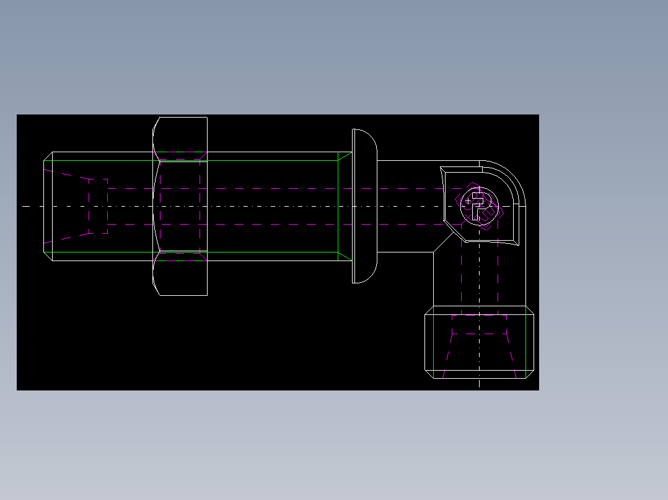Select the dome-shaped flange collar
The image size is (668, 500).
[364, 206]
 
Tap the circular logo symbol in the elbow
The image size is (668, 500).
[478, 207]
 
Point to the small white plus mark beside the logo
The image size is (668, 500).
[467, 201]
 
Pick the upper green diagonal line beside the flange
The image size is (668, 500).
[345, 155]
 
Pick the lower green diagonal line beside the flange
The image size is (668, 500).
[345, 256]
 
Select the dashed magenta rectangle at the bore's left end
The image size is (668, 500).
[98, 206]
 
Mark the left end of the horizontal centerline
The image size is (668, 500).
[24, 206]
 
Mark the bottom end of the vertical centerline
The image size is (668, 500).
[479, 386]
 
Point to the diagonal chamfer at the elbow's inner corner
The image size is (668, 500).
[442, 243]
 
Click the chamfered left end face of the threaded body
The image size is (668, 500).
[48, 206]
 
